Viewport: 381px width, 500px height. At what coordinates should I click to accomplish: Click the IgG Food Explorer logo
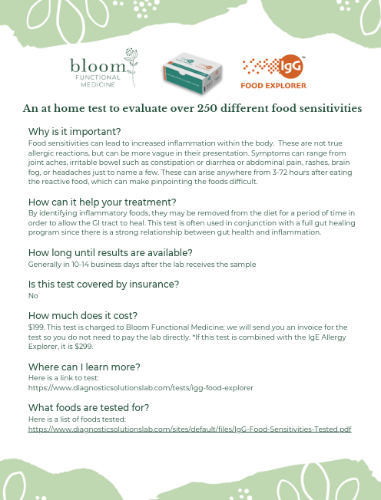[273, 72]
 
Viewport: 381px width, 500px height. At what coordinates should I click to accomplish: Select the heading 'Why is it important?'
[75, 132]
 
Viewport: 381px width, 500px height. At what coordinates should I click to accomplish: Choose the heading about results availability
[110, 253]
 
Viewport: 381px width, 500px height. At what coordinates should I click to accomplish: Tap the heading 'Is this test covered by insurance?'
[104, 285]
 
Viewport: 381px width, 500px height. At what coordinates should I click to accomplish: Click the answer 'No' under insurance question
[32, 295]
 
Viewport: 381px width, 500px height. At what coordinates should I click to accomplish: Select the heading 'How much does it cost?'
[82, 315]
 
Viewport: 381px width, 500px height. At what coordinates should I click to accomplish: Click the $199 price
[35, 327]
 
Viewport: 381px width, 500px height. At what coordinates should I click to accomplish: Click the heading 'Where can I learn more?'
[84, 367]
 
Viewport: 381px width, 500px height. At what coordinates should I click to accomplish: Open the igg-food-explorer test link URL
[141, 387]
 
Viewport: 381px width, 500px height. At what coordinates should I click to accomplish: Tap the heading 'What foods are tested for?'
[88, 407]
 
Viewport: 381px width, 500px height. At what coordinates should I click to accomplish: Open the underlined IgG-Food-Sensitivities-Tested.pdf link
[189, 429]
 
